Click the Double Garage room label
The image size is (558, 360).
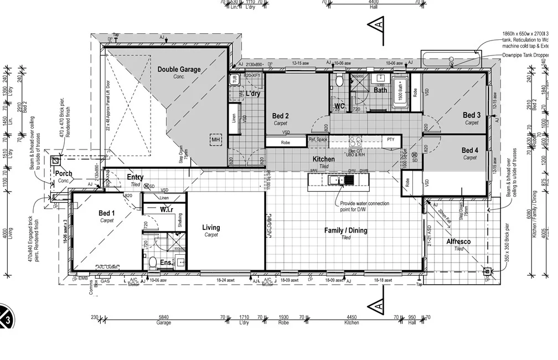point(179,70)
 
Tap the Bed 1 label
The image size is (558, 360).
point(107,214)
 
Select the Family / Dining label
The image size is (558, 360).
point(345,230)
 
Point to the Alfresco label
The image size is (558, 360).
point(458,242)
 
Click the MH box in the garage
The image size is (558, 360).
point(216,140)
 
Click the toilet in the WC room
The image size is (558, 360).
point(339,81)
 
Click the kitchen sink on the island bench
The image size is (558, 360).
point(335,180)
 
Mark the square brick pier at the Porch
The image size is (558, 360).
point(56,161)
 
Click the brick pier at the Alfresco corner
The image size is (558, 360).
point(487,271)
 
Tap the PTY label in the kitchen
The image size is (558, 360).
point(390,140)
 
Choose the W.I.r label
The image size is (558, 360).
point(167,210)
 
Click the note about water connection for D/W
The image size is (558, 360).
point(364,207)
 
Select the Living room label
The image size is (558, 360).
point(211,228)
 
